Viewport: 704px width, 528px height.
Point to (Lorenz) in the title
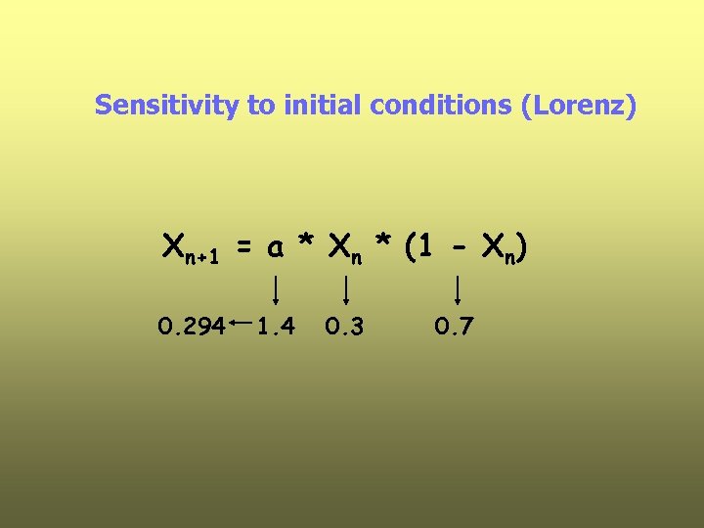[580, 105]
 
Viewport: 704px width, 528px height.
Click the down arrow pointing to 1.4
[277, 289]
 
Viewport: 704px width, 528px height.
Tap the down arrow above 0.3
[345, 289]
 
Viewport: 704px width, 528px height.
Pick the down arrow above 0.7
[458, 289]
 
